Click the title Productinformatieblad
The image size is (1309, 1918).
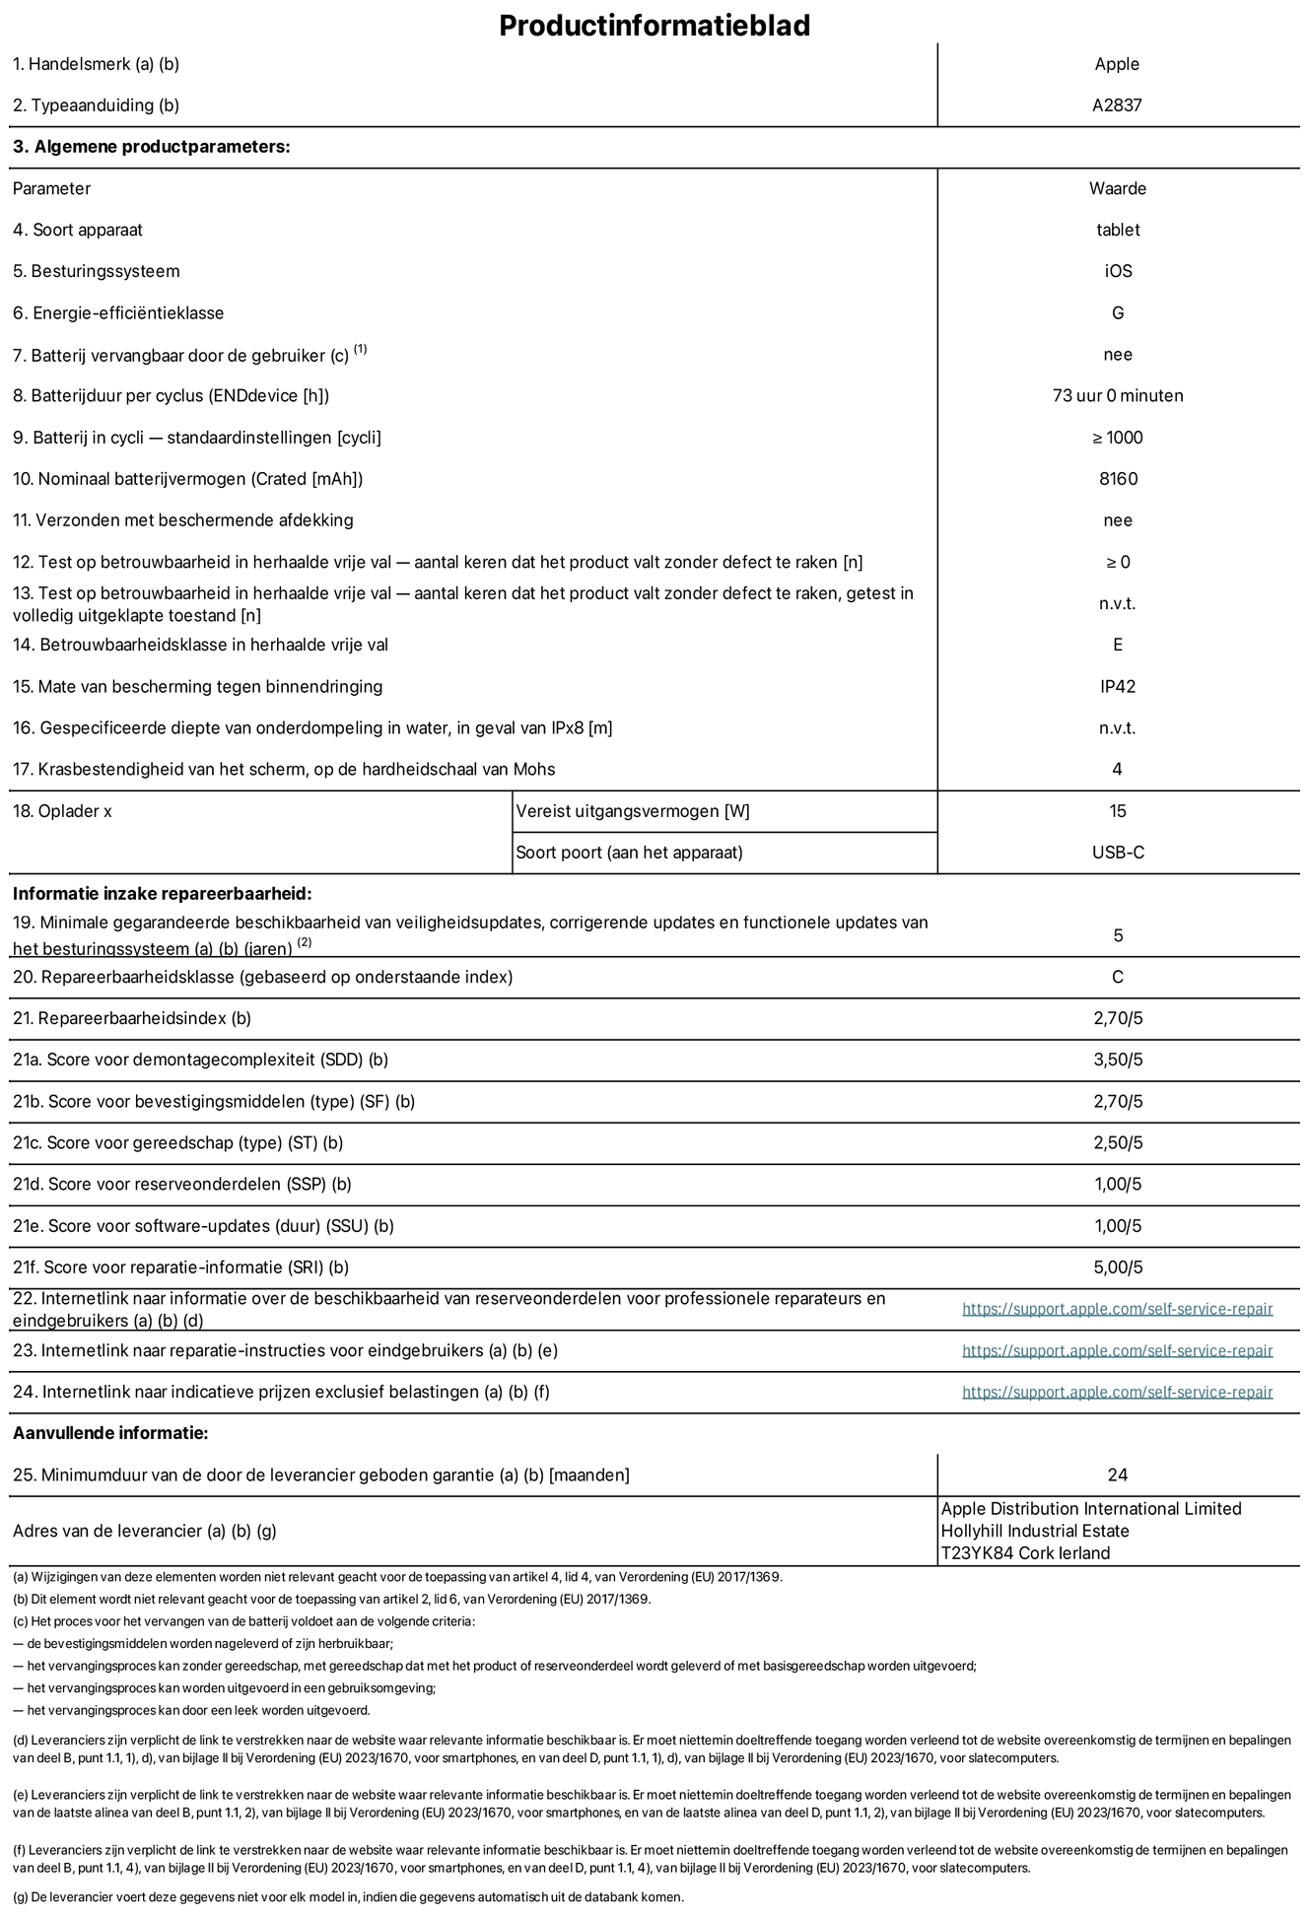click(x=654, y=25)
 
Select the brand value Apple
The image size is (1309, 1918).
click(x=1117, y=64)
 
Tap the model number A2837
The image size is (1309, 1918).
click(x=1117, y=105)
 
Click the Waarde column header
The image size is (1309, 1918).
click(x=1117, y=188)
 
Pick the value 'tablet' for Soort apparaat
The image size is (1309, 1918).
click(x=1117, y=230)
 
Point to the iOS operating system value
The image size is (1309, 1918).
click(x=1117, y=271)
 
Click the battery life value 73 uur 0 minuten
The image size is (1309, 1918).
click(x=1117, y=396)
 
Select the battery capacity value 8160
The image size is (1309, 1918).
click(x=1117, y=479)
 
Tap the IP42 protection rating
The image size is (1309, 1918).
click(x=1117, y=687)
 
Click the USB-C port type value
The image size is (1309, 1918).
click(x=1117, y=853)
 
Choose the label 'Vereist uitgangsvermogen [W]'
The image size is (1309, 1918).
click(x=633, y=811)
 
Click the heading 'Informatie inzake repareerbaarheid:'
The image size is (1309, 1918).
click(x=162, y=894)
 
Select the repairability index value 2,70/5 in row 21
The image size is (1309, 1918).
click(x=1117, y=1018)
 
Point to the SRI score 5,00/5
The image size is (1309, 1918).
click(x=1117, y=1267)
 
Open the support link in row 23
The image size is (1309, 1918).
click(x=1117, y=1350)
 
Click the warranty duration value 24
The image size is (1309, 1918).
click(x=1117, y=1475)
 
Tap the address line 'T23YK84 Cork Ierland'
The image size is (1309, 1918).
click(x=1025, y=1553)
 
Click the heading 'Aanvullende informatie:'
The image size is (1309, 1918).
click(x=110, y=1433)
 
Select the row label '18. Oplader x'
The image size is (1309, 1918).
click(x=62, y=811)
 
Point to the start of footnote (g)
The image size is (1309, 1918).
click(x=20, y=1897)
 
